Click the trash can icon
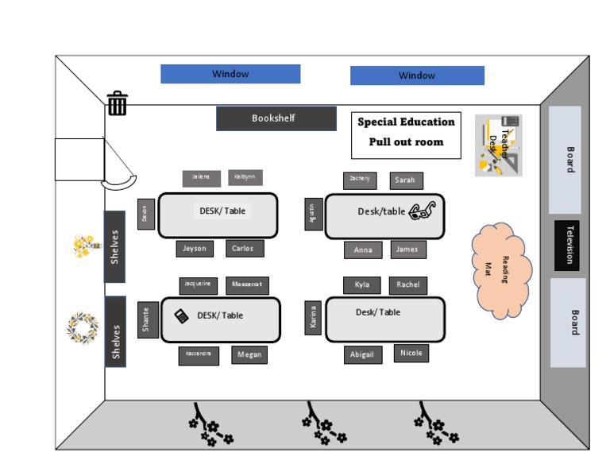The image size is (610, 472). click(118, 103)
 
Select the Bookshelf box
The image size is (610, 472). click(276, 118)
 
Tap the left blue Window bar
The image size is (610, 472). click(230, 74)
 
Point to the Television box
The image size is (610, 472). click(567, 246)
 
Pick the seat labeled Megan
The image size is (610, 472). click(249, 355)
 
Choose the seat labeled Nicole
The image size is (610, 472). click(411, 353)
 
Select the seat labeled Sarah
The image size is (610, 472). click(406, 180)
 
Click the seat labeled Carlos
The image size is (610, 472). click(244, 249)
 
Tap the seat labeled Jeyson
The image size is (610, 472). click(195, 249)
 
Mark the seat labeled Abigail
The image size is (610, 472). click(363, 355)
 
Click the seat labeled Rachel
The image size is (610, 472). click(408, 285)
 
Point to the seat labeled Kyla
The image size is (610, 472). click(362, 285)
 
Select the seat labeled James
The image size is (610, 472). click(407, 250)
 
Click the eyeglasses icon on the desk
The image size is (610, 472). click(423, 211)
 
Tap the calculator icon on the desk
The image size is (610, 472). click(182, 316)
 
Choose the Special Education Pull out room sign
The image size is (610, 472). click(406, 133)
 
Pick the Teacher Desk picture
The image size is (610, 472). click(499, 145)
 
